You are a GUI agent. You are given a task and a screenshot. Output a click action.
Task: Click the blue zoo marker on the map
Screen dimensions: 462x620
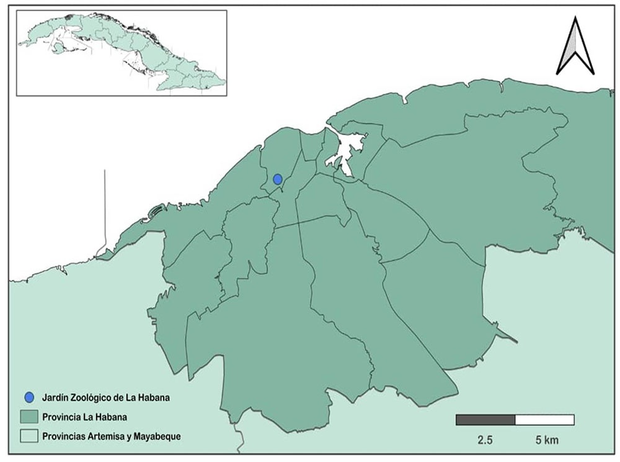tap(278, 179)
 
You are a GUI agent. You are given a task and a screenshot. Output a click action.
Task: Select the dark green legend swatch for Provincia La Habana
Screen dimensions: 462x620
tap(29, 416)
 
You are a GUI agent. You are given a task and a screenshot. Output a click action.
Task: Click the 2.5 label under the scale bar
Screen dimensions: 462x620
tap(485, 441)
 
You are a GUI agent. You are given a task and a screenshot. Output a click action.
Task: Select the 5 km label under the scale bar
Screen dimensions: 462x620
tap(547, 441)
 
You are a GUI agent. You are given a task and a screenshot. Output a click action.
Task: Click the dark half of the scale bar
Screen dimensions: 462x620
tap(485, 420)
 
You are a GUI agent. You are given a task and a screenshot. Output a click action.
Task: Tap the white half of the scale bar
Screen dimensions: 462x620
tap(544, 420)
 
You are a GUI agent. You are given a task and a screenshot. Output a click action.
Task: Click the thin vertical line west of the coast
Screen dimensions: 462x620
tap(105, 205)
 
